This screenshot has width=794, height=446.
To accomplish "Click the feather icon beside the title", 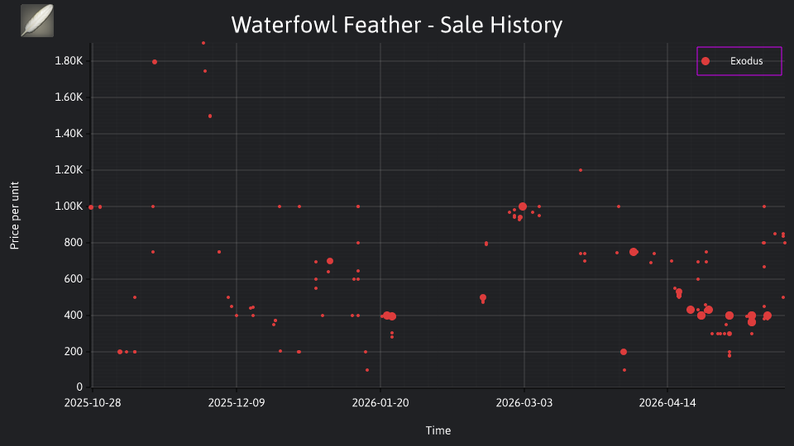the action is click(x=37, y=21).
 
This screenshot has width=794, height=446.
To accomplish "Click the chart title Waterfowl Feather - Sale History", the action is click(x=396, y=25).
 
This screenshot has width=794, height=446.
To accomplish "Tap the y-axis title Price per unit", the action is click(x=15, y=216).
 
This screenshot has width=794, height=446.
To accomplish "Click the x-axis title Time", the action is click(x=438, y=430).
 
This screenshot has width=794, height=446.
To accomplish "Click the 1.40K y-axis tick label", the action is click(x=69, y=134).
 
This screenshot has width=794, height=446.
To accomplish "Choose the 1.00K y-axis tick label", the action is click(x=69, y=206).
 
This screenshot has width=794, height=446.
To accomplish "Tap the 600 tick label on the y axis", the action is click(x=74, y=278).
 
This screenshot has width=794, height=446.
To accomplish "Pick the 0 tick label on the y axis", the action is click(x=79, y=387).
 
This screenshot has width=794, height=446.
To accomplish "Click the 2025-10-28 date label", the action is click(x=93, y=402).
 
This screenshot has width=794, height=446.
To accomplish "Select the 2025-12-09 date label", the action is click(x=237, y=402).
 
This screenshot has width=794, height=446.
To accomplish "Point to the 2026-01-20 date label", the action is click(x=380, y=402).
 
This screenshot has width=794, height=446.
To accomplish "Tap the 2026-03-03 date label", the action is click(x=524, y=402).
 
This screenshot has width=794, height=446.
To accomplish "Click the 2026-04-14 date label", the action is click(x=667, y=402).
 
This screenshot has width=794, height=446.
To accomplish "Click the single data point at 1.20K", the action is click(x=581, y=170).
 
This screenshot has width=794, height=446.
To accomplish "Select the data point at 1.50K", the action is click(x=210, y=116).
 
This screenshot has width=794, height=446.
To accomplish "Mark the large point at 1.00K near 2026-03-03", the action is click(x=523, y=206).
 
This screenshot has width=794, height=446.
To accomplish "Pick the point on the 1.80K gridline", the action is click(x=155, y=62).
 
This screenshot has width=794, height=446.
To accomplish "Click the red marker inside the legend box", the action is click(x=706, y=61).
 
